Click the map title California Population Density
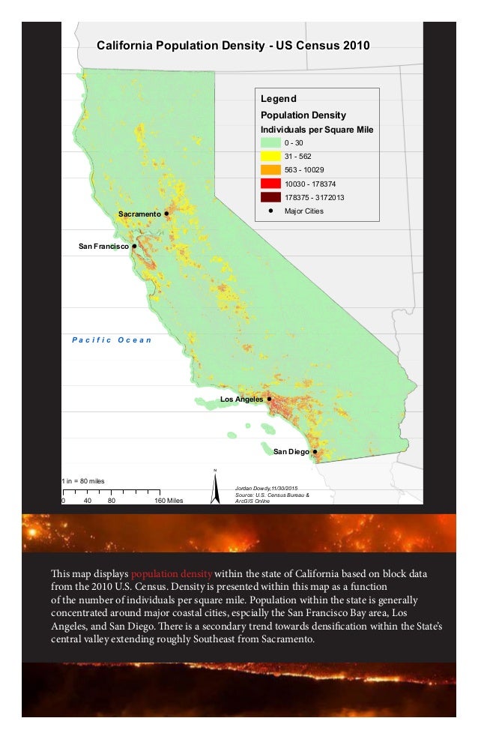click(x=233, y=46)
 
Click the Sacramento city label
click(x=139, y=214)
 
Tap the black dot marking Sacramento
click(x=166, y=214)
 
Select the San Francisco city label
click(x=103, y=246)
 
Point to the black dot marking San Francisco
click(x=134, y=246)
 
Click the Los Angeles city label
click(x=241, y=399)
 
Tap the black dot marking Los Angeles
click(x=269, y=399)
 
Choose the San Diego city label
click(x=291, y=452)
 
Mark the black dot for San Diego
click(x=315, y=452)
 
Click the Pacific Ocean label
click(x=112, y=340)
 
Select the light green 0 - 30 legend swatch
click(x=270, y=143)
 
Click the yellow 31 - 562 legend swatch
click(x=270, y=157)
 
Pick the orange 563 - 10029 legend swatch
click(x=270, y=170)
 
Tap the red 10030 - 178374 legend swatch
click(x=270, y=184)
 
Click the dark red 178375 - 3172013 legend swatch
click(x=270, y=197)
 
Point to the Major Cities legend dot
click(x=270, y=211)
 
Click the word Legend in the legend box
click(x=278, y=99)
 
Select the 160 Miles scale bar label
click(x=169, y=501)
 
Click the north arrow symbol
click(x=215, y=487)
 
